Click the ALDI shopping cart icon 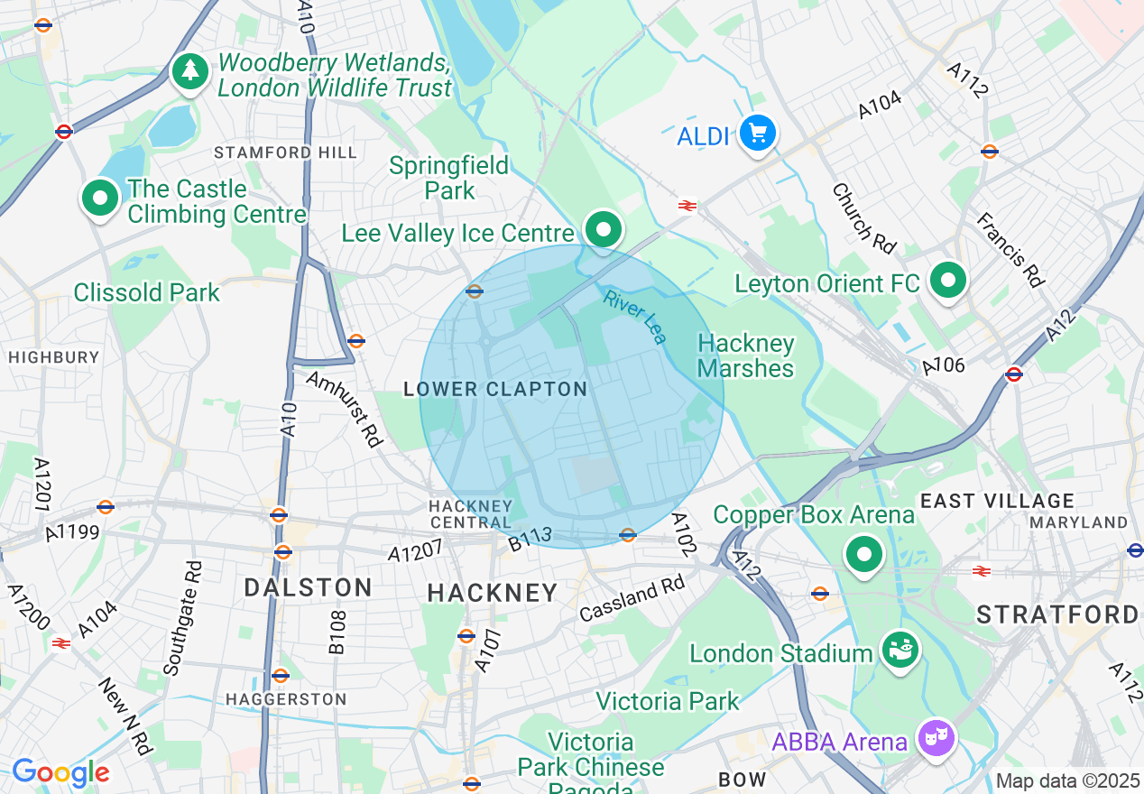[x=757, y=134]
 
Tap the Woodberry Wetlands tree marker [x=189, y=71]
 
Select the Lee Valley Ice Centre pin [x=604, y=229]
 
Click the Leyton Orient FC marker [x=947, y=281]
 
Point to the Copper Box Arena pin [x=864, y=554]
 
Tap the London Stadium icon [x=900, y=651]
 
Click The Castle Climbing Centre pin [x=100, y=198]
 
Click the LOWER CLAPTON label [x=495, y=390]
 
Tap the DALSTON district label [x=309, y=588]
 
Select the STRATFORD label [x=1057, y=615]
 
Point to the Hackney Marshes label [x=745, y=355]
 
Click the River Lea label [x=636, y=317]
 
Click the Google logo [x=60, y=772]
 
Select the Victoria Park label [x=668, y=701]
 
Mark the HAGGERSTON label [x=285, y=699]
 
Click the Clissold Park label [x=147, y=292]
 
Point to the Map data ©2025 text [x=1068, y=780]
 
